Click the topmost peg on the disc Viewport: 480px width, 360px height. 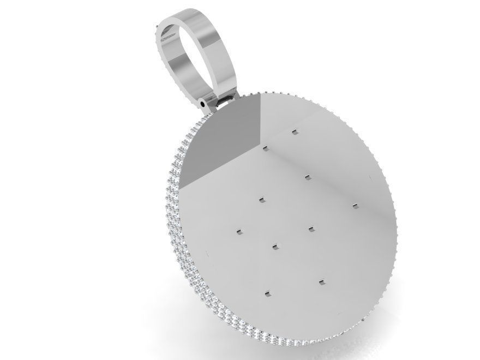295,132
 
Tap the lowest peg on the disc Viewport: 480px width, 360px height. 267,294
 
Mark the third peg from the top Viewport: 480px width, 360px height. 307,176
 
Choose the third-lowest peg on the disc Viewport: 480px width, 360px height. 274,247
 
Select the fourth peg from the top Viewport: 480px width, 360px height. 261,200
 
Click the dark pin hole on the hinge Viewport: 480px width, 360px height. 203,102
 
